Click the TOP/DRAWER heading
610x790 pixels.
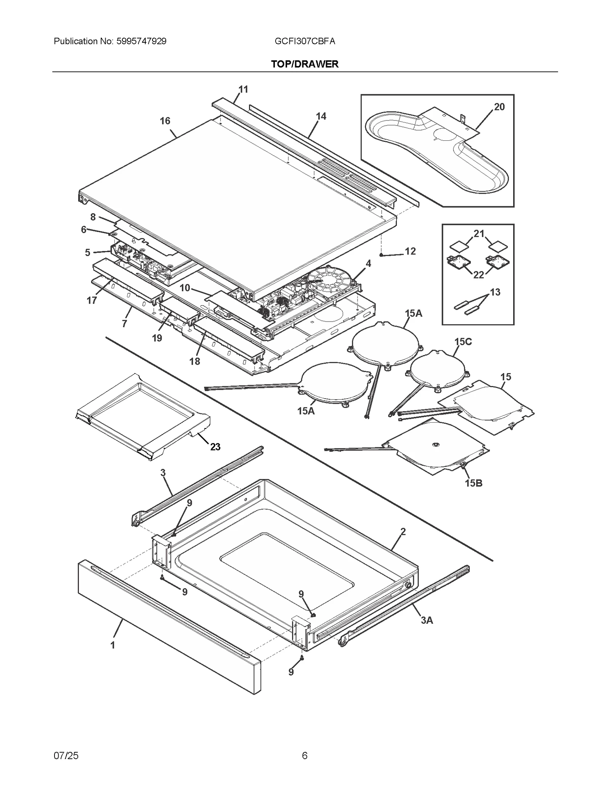click(x=305, y=64)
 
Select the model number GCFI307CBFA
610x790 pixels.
click(x=305, y=41)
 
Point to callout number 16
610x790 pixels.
click(x=165, y=121)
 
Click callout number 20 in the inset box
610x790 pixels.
click(x=499, y=107)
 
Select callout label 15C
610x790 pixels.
click(x=463, y=342)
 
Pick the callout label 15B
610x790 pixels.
click(x=474, y=483)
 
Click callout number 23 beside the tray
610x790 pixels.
click(x=215, y=447)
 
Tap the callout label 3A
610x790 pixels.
click(x=427, y=621)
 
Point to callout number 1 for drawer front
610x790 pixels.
click(x=112, y=645)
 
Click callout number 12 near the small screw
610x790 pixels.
click(x=410, y=251)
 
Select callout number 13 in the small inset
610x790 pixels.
click(x=495, y=292)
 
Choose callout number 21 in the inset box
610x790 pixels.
click(x=478, y=233)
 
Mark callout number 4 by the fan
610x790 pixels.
click(x=368, y=264)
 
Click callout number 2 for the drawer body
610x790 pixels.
click(x=403, y=531)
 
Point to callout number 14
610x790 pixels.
click(x=321, y=116)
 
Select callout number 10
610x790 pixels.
click(x=185, y=288)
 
